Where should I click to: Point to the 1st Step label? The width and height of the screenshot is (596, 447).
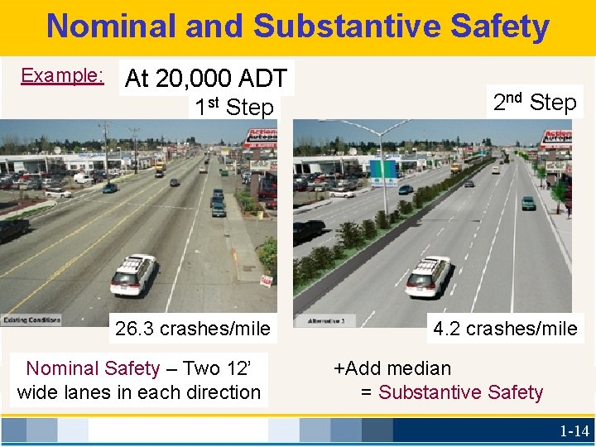[234, 108]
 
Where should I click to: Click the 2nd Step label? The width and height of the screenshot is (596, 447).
[535, 103]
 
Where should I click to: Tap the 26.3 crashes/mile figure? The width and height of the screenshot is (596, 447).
[193, 329]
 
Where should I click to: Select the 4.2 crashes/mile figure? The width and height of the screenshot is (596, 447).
[505, 329]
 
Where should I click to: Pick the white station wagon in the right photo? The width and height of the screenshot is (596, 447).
[428, 276]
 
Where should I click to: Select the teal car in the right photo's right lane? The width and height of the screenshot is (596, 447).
[528, 202]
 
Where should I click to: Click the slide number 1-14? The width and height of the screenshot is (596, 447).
[574, 430]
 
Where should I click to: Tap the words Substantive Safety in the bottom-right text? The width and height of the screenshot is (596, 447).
[460, 392]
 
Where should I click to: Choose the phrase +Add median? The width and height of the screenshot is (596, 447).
[392, 368]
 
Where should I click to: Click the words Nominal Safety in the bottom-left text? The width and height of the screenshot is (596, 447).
[93, 368]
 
